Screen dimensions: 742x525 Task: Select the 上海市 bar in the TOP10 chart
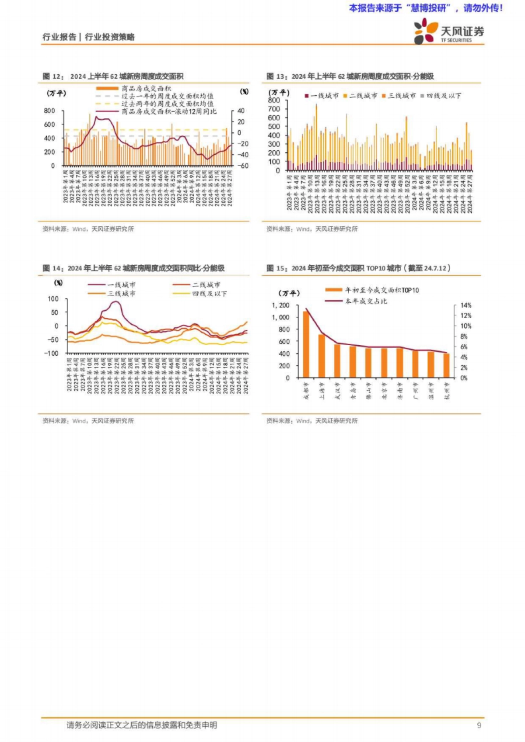pyautogui.click(x=322, y=356)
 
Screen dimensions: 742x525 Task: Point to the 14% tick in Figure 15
pyautogui.click(x=465, y=305)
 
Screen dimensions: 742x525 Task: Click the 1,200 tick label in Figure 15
pyautogui.click(x=280, y=305)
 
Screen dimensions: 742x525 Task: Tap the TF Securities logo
pyautogui.click(x=449, y=31)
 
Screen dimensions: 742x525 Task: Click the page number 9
pyautogui.click(x=479, y=725)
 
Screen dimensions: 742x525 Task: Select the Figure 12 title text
pyautogui.click(x=113, y=76)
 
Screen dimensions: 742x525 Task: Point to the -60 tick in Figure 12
pyautogui.click(x=243, y=166)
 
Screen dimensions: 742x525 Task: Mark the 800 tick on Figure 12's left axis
pyautogui.click(x=49, y=111)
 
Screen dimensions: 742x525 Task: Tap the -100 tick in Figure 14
pyautogui.click(x=51, y=354)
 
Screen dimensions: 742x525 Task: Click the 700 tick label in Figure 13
pyautogui.click(x=274, y=109)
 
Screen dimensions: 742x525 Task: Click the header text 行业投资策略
pyautogui.click(x=110, y=37)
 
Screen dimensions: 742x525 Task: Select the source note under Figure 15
pyautogui.click(x=312, y=421)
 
